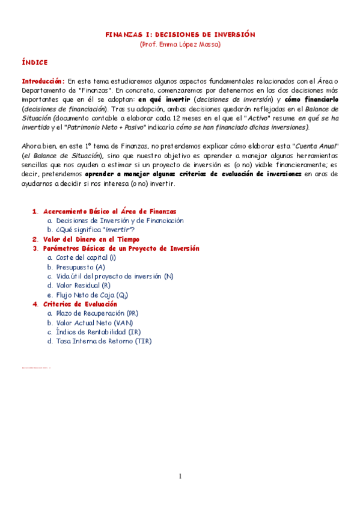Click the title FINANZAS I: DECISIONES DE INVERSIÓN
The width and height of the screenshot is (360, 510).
180,35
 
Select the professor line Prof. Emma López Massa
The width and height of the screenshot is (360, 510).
180,45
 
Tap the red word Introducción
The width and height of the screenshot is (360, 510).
43,81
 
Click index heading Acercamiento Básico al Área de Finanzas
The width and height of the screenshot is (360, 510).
110,211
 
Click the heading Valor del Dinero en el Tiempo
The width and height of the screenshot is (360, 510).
95,239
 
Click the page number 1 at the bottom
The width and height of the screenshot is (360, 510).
180,477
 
